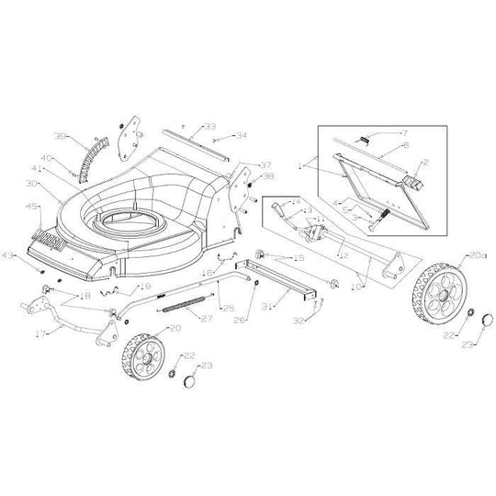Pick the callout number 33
click(x=210, y=126)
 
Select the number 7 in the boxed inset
click(x=401, y=133)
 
